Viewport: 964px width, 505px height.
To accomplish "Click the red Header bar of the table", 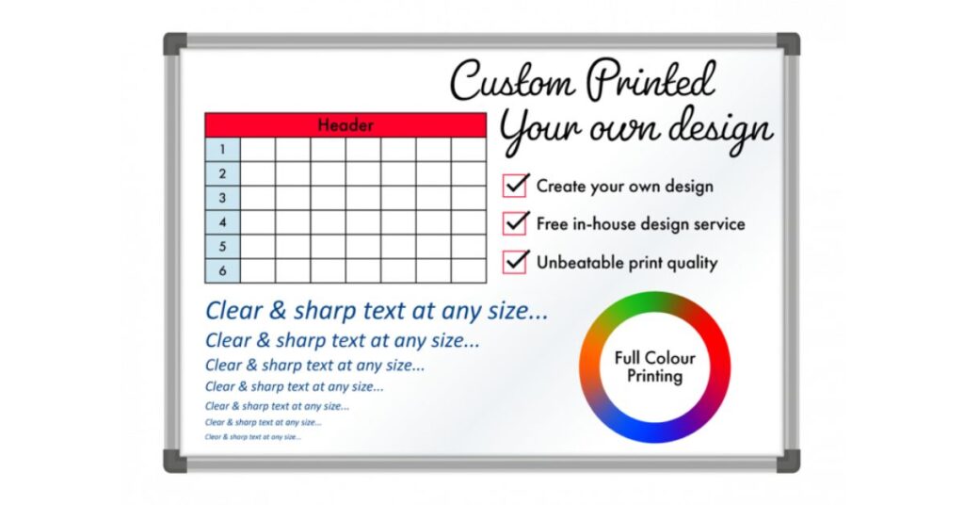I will click(345, 125).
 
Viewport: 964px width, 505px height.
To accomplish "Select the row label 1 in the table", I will click(222, 150).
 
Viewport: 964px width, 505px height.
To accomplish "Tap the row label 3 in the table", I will click(222, 199).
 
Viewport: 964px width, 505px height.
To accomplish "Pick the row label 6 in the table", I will click(222, 270).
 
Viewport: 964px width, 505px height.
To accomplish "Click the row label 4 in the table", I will click(222, 223).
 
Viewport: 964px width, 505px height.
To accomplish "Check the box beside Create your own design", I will click(515, 186).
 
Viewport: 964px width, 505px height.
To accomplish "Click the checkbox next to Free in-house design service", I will click(515, 223).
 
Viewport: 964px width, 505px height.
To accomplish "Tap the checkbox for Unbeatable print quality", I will click(515, 262).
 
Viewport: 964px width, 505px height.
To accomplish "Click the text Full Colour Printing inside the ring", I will click(654, 367).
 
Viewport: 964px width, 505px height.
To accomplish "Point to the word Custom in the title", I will click(513, 81).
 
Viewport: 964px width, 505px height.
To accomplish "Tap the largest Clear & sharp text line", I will click(377, 310).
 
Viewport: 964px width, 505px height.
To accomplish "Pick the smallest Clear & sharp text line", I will click(253, 437).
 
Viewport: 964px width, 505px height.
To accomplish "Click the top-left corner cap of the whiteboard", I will click(175, 43).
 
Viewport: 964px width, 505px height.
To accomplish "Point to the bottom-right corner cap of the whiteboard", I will click(788, 461).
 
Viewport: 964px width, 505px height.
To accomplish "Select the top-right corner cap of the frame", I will click(788, 43).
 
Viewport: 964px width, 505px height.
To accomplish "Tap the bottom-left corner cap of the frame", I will click(175, 461).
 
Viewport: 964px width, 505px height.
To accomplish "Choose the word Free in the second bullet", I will click(553, 224).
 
